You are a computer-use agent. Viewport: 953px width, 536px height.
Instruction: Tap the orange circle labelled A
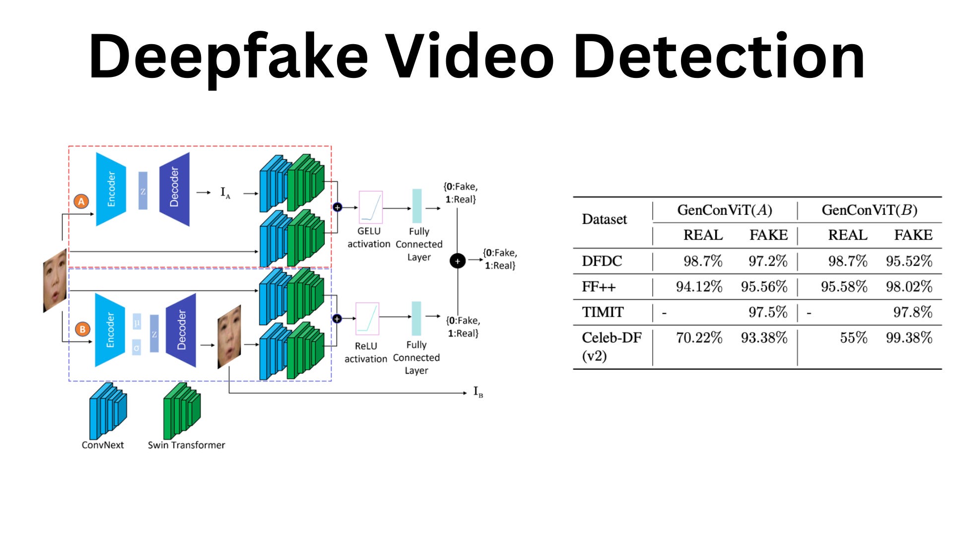tap(81, 201)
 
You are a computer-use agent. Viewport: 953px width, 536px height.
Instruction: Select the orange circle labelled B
tap(82, 329)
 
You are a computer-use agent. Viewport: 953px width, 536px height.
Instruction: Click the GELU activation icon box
tap(371, 207)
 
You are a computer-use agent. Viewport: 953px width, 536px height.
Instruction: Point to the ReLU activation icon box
tap(367, 319)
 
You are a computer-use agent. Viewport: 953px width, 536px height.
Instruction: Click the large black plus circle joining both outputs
tap(457, 261)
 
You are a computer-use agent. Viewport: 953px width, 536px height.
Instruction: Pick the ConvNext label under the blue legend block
tap(103, 445)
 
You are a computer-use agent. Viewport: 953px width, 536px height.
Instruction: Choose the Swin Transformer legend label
tap(186, 445)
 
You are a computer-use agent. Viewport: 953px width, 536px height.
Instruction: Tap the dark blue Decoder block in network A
tap(175, 189)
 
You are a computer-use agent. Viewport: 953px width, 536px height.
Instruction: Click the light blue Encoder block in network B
tap(110, 330)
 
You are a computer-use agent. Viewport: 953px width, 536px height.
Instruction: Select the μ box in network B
tap(137, 323)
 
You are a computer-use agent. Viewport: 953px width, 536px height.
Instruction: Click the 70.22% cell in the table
tap(699, 338)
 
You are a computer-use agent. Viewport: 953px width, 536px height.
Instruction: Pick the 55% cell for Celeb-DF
tap(853, 338)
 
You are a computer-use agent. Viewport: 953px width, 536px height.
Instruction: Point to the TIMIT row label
tap(603, 312)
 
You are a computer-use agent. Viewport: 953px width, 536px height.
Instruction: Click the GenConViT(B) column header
tap(869, 210)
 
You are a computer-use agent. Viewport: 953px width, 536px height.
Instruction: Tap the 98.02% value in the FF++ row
tap(909, 287)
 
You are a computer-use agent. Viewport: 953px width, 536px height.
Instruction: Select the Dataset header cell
tap(604, 219)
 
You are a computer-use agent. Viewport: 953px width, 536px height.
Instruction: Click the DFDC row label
tap(602, 261)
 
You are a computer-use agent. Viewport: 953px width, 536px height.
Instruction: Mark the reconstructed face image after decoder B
tap(229, 337)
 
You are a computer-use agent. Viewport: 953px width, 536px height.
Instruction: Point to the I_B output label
tap(478, 392)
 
